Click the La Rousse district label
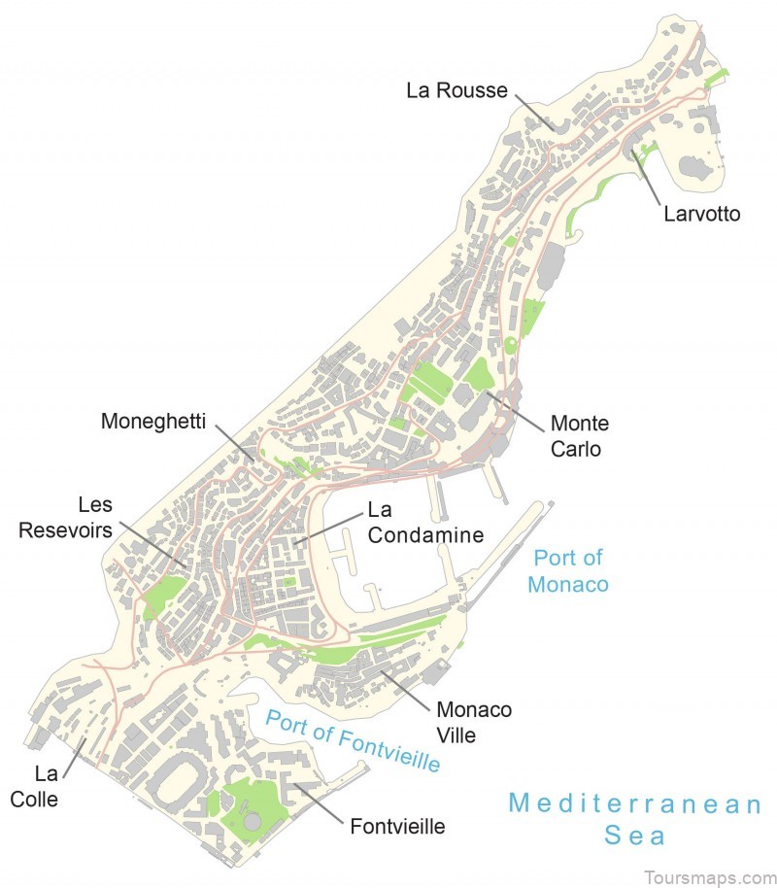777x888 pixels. pyautogui.click(x=456, y=90)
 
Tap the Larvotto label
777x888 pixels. pyautogui.click(x=701, y=213)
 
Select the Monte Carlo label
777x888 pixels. pyautogui.click(x=579, y=436)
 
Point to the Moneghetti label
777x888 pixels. pyautogui.click(x=153, y=422)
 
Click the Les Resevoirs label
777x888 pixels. pyautogui.click(x=95, y=518)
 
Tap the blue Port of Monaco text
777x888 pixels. pyautogui.click(x=568, y=570)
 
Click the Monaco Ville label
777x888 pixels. pyautogui.click(x=474, y=722)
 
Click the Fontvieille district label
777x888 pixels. pyautogui.click(x=397, y=827)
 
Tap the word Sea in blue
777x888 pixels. pyautogui.click(x=636, y=835)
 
